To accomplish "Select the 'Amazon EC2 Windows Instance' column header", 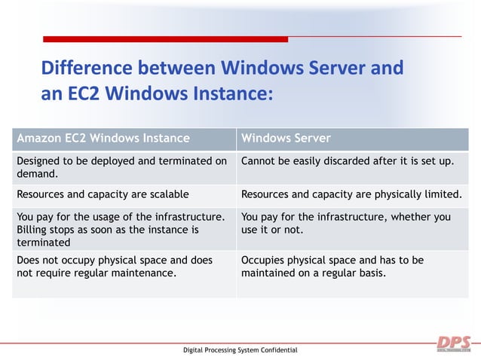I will coord(103,139).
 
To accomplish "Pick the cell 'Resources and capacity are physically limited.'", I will coord(351,194).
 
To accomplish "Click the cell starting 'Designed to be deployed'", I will coord(121,166).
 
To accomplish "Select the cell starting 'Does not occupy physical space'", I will coord(114,266).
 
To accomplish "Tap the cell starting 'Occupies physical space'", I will coord(332,266).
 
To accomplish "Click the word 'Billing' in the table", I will coord(32,229).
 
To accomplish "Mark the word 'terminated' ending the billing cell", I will coord(43,242).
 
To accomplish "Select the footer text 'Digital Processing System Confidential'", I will coord(240,350).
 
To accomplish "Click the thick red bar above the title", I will coord(165,39).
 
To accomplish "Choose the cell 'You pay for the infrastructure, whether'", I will coord(346,223).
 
